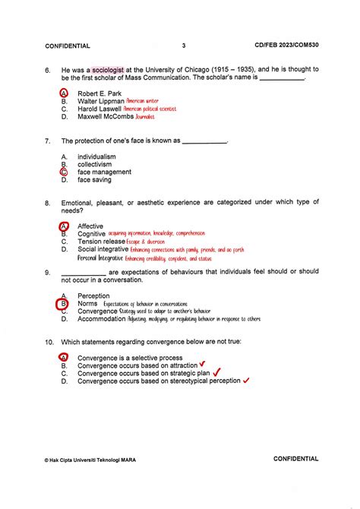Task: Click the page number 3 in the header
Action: click(x=184, y=46)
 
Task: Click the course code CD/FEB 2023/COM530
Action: click(x=288, y=46)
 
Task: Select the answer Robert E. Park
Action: click(x=99, y=93)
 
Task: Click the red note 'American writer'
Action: click(x=143, y=101)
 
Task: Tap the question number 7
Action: click(x=47, y=141)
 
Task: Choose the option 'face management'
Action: click(x=104, y=172)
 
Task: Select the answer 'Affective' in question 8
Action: click(x=90, y=226)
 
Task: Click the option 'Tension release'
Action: click(x=101, y=242)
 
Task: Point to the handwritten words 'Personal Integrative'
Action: click(x=102, y=258)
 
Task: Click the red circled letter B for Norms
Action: click(x=64, y=305)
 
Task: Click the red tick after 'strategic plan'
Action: click(x=216, y=372)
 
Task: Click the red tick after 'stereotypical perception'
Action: click(x=246, y=381)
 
